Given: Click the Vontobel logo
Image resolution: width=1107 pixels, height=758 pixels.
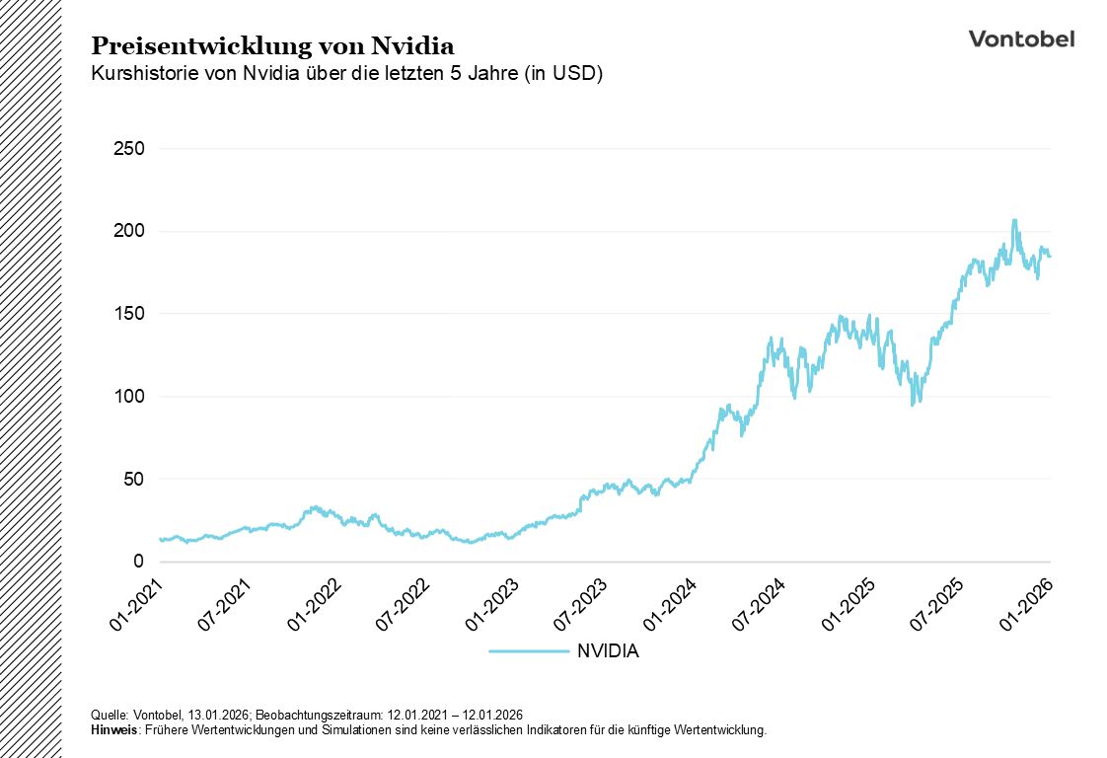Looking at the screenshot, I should coord(1021,38).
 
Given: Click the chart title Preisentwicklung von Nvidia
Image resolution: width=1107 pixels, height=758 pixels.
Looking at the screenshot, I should coord(272,46).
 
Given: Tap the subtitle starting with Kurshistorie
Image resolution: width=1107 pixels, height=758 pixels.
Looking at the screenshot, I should coord(346,74).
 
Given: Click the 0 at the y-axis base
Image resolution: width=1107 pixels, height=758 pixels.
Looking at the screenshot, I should coord(140,562).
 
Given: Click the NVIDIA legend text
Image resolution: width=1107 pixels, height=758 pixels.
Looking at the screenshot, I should coord(608,651).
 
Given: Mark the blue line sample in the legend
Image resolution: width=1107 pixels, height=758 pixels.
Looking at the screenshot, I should coord(528,651).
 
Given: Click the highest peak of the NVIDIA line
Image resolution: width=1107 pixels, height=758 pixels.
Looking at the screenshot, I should coord(1014,220).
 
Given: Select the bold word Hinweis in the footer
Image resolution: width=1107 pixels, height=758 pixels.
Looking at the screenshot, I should coord(113,730).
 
